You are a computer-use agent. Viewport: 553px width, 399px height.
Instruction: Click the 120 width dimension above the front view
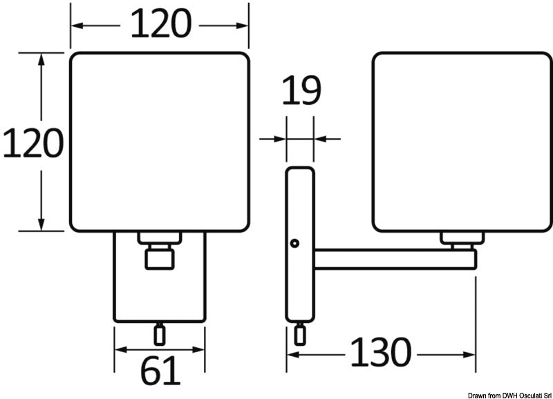click(161, 23)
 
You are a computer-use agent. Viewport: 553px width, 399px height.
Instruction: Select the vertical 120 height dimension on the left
click(33, 143)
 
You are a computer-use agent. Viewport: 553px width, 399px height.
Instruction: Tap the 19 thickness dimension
click(301, 90)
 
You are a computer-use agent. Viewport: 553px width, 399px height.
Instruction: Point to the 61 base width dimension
click(160, 370)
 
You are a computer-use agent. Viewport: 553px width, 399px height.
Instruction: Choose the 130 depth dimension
click(381, 352)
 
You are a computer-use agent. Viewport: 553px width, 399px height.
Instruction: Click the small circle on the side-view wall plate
click(294, 243)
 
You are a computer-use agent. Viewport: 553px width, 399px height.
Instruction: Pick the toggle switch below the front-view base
click(160, 334)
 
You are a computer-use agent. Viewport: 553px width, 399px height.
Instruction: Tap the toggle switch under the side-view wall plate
click(300, 333)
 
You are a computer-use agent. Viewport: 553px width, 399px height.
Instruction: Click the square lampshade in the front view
click(160, 142)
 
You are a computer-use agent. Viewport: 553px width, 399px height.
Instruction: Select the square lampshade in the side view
click(462, 142)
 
